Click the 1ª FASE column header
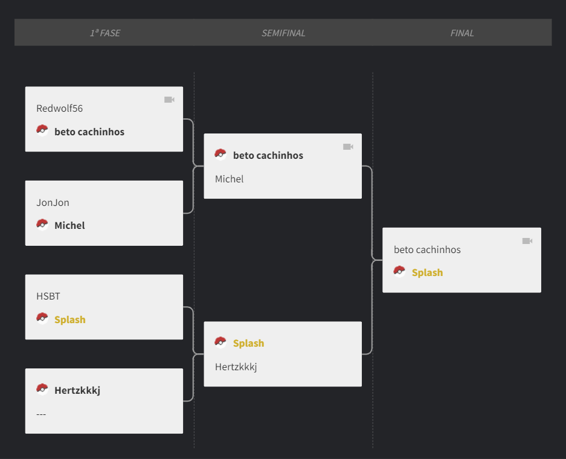(105, 33)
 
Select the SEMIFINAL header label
(283, 33)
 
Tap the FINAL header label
(462, 33)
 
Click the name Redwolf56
(60, 108)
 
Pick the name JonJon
(53, 202)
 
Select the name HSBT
(48, 297)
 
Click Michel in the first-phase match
(69, 225)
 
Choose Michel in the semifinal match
(229, 179)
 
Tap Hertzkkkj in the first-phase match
(77, 390)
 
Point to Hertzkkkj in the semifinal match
(236, 367)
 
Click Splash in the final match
(428, 272)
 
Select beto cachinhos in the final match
(428, 249)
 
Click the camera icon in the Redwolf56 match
(169, 100)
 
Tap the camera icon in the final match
(527, 241)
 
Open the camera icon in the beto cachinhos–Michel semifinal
(349, 147)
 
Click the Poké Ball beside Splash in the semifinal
(220, 342)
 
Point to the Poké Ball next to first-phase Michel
(42, 225)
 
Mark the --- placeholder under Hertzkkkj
(41, 414)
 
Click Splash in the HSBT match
(70, 319)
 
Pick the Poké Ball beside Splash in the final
(399, 272)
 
